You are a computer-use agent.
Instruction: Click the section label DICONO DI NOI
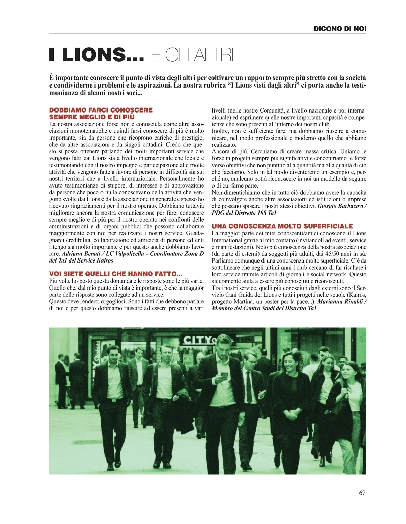(340, 29)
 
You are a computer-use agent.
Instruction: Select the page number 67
(362, 493)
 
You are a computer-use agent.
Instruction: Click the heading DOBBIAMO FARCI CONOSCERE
(101, 110)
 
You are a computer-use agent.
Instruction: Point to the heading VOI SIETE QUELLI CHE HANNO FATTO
(116, 274)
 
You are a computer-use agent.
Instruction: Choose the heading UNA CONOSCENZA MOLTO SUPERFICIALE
(282, 226)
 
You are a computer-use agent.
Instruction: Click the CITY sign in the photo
(198, 340)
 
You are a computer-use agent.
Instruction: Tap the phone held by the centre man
(224, 375)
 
